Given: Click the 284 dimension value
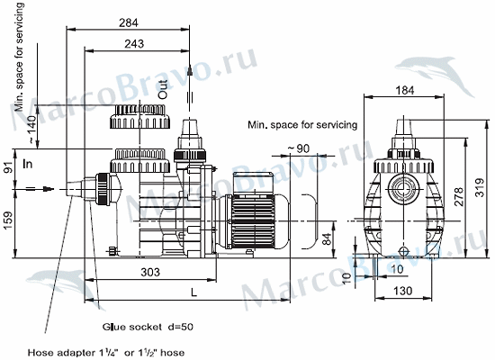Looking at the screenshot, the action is click(x=129, y=22).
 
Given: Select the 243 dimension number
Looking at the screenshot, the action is click(x=134, y=43).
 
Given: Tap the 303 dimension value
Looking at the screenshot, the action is click(x=150, y=272).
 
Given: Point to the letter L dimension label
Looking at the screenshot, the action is click(x=193, y=292).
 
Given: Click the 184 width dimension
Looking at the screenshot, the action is click(x=404, y=90).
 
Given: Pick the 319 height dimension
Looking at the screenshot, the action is click(x=480, y=188).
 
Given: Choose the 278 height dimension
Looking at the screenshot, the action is click(x=459, y=196).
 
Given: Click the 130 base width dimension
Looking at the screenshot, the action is click(x=403, y=291).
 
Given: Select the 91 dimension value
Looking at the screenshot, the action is click(x=10, y=167).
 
